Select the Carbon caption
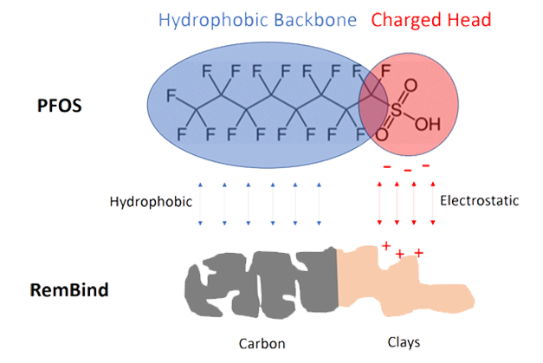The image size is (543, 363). pos(262,342)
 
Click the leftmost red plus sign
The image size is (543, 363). pos(385,245)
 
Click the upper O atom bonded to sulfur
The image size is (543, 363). pos(410,86)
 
